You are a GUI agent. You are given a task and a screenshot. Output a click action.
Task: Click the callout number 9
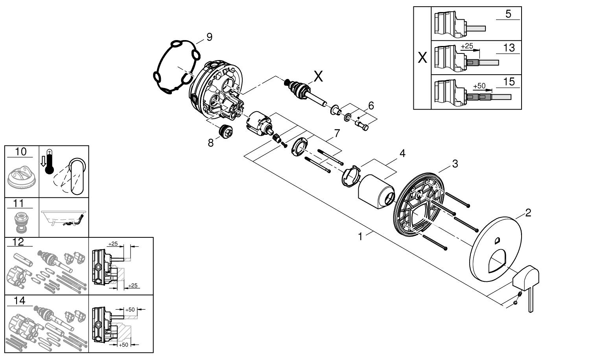pyautogui.click(x=209, y=37)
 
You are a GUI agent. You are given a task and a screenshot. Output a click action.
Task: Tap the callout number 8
pyautogui.click(x=211, y=143)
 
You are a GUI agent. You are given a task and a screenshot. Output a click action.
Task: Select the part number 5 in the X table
pyautogui.click(x=508, y=14)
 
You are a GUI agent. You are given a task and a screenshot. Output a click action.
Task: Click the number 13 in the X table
pyautogui.click(x=509, y=48)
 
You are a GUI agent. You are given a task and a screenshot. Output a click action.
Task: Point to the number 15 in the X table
pyautogui.click(x=509, y=81)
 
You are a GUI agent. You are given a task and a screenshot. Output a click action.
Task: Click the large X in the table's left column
pyautogui.click(x=422, y=58)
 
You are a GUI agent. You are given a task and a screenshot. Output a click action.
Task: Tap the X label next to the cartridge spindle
pyautogui.click(x=318, y=77)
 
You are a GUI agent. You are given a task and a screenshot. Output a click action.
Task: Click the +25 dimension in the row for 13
pyautogui.click(x=467, y=46)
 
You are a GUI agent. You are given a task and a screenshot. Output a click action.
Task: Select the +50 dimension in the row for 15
pyautogui.click(x=479, y=86)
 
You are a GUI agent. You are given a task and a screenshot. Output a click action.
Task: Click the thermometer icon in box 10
pyautogui.click(x=49, y=162)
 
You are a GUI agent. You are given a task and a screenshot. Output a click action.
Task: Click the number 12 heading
pyautogui.click(x=18, y=242)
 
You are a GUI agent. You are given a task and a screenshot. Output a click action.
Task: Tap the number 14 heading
pyautogui.click(x=19, y=301)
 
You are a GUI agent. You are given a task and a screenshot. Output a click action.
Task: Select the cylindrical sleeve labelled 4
pyautogui.click(x=376, y=192)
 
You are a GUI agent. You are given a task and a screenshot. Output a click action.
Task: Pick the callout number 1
pyautogui.click(x=360, y=237)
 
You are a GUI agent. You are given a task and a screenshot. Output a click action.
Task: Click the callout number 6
pyautogui.click(x=371, y=105)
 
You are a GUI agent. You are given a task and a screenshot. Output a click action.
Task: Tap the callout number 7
pyautogui.click(x=337, y=133)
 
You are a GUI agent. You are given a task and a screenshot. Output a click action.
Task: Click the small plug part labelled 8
pyautogui.click(x=227, y=130)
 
